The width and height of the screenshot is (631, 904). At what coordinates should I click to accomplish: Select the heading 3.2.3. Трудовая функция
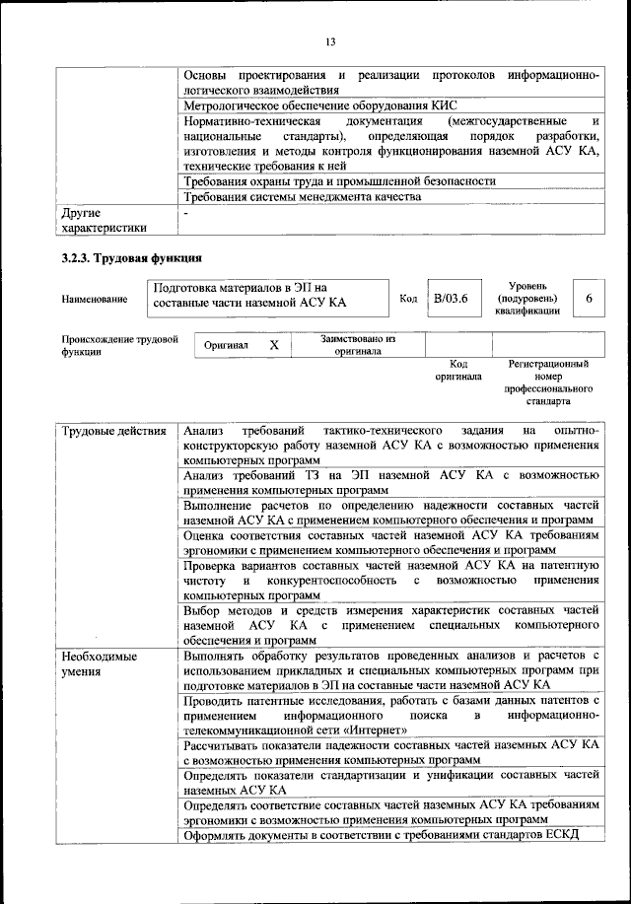[131, 260]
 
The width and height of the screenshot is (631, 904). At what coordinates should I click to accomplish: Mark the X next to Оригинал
[275, 346]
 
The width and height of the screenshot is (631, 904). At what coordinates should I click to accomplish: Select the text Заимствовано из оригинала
[357, 345]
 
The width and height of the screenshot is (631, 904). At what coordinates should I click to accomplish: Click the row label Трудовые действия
[113, 431]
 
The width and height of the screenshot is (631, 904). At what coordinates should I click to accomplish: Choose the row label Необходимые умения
[99, 662]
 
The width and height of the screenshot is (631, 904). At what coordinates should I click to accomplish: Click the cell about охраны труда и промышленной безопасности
[339, 181]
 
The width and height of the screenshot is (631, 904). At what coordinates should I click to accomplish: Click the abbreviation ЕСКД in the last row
[556, 836]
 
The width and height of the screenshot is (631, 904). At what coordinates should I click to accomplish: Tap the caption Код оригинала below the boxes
[457, 371]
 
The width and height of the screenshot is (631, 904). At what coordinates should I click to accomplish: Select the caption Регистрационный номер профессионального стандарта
[548, 383]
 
